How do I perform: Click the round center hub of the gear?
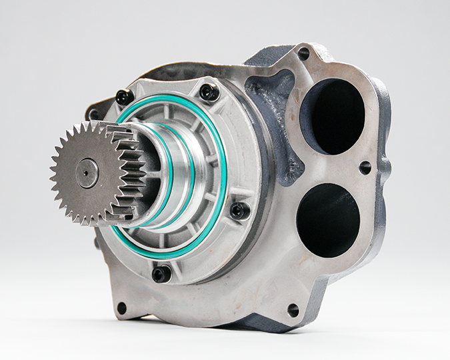87,173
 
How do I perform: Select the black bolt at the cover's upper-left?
124,97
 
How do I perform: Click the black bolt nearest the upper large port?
209,92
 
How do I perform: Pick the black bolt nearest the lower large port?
239,211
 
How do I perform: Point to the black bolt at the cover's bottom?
161,273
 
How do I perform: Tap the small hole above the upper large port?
303,53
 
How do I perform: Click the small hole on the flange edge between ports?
365,167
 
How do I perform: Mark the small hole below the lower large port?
293,310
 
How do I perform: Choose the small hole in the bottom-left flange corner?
121,308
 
